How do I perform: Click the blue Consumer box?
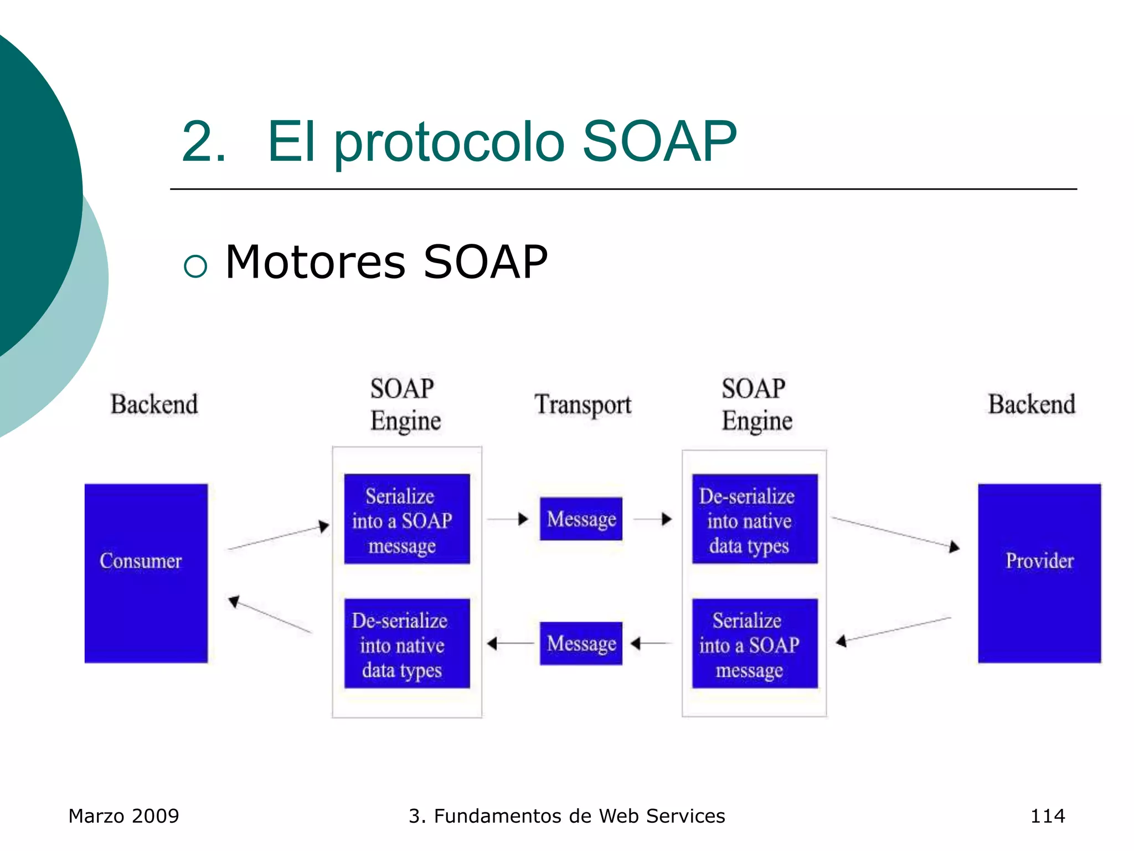tap(146, 573)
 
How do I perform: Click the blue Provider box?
tap(1039, 573)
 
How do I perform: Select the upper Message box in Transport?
tap(581, 519)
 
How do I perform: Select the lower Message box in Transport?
tap(581, 643)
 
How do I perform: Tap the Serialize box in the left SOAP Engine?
tap(407, 519)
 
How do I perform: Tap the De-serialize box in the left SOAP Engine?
tap(407, 643)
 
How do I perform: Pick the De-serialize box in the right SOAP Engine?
tap(755, 519)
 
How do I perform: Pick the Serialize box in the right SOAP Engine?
tap(755, 643)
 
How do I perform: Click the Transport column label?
tap(583, 404)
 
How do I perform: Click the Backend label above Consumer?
tap(154, 404)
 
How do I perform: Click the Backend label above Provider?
tap(1032, 404)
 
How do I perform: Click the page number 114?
tap(1047, 816)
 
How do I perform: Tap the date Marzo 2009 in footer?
tap(123, 816)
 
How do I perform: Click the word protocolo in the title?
tap(449, 142)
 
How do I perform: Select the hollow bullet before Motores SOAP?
tap(195, 266)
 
